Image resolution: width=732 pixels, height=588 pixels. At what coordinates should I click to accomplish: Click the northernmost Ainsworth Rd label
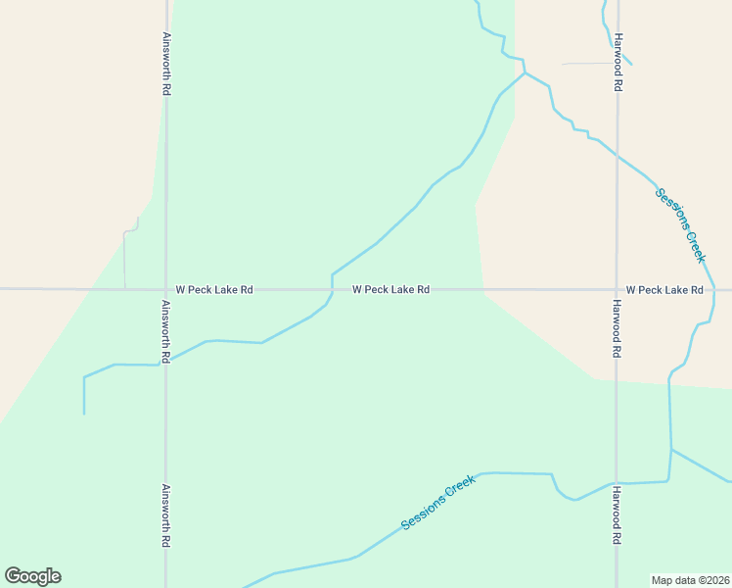167,64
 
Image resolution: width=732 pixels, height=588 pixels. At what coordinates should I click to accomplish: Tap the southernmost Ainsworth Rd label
166,515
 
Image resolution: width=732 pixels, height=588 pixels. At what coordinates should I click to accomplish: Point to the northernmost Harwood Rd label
618,64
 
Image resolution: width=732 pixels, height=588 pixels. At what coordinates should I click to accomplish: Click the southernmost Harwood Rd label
618,515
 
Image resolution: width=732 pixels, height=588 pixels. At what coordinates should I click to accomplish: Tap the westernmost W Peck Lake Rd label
214,290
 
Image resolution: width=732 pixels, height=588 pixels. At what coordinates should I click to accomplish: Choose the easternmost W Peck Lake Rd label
664,290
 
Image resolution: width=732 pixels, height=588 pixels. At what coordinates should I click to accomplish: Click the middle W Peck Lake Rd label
390,290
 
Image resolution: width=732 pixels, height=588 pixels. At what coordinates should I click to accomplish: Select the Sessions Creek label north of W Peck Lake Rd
680,225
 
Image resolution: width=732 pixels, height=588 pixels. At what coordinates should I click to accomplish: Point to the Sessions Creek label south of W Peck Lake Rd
438,503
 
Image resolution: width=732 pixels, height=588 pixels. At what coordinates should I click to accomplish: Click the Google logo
32,576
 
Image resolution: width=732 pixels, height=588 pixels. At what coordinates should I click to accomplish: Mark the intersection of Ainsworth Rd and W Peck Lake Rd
166,289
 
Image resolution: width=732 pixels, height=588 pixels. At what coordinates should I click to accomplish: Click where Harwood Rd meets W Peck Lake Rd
617,289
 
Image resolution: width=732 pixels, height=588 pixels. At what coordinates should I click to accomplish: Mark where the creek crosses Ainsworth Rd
165,363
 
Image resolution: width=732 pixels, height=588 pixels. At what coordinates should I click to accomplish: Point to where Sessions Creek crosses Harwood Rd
616,484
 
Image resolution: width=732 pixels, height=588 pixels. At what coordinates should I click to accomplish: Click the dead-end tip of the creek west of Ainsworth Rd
84,414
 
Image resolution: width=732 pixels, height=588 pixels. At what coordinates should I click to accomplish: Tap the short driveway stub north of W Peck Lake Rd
126,257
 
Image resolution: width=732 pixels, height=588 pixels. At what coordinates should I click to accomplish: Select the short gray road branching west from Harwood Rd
588,64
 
